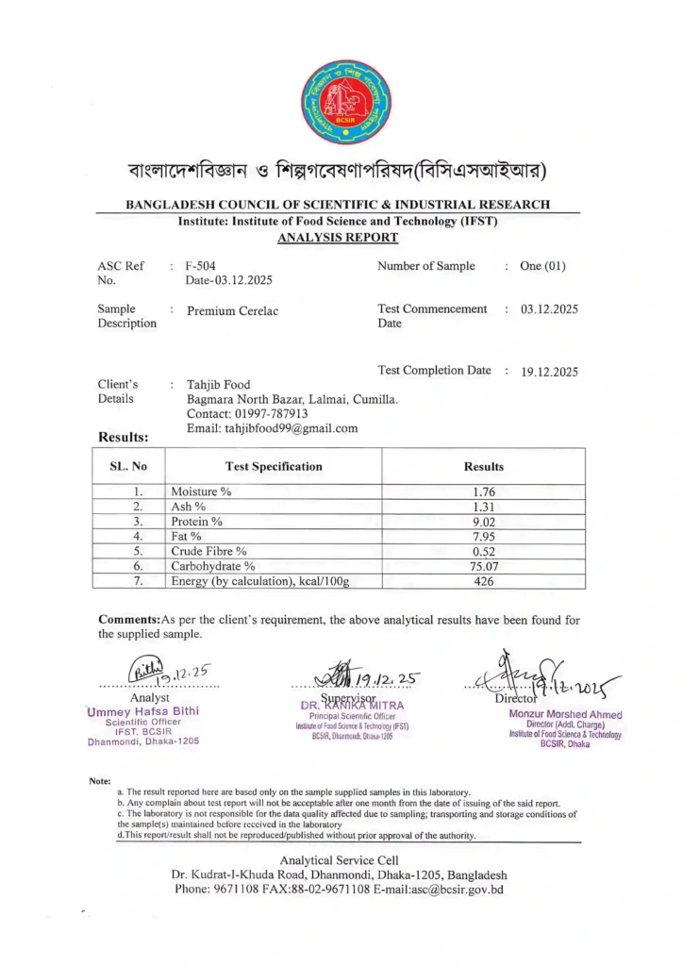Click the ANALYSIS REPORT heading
pos(338,238)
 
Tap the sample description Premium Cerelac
pos(233,310)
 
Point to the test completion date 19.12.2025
pos(549,372)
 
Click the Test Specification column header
pos(274,466)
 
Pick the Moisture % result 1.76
pos(483,492)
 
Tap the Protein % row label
pos(196,522)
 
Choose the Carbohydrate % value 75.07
pos(483,566)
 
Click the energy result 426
pos(483,581)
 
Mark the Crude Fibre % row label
pos(208,551)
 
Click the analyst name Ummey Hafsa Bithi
pos(142,710)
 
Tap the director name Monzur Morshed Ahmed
pos(565,714)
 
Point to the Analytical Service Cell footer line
pos(339,859)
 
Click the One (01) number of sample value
pos(542,266)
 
